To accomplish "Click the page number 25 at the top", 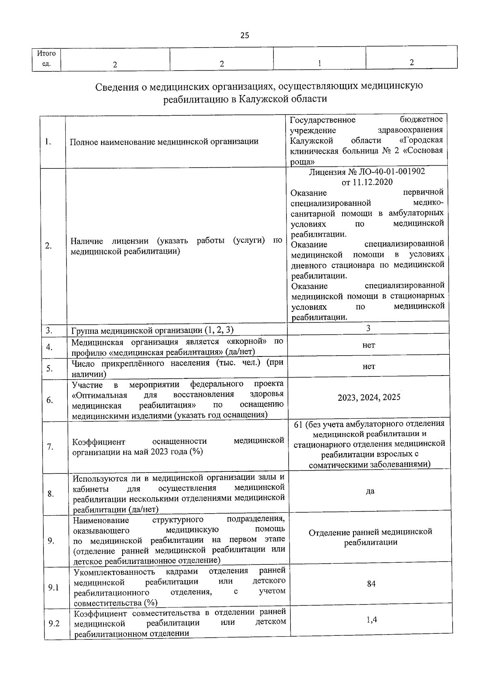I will click(x=244, y=35).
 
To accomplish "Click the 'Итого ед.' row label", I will click(x=46, y=58).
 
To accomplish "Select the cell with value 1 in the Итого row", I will click(x=319, y=63).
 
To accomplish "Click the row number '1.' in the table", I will click(x=48, y=142).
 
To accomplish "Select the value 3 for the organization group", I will click(x=368, y=328).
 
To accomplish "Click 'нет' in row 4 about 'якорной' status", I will click(x=368, y=345).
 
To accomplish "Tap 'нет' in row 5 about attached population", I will click(x=368, y=366).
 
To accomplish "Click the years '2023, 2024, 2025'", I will click(x=369, y=397).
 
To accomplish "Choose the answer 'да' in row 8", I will click(x=370, y=491).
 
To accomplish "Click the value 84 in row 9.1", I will click(x=371, y=583).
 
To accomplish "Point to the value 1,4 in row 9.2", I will click(x=371, y=620).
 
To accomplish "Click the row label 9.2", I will click(x=54, y=623).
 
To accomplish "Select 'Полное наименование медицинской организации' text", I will click(x=164, y=142).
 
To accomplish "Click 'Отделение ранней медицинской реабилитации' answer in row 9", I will click(x=370, y=537).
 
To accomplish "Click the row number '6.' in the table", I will click(x=50, y=400).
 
